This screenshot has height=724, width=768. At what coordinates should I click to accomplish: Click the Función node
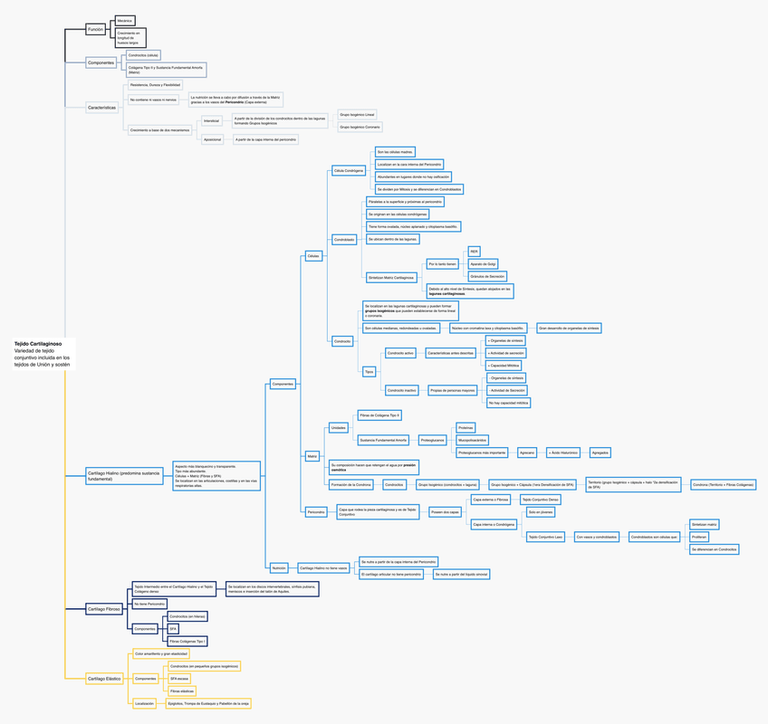pos(95,30)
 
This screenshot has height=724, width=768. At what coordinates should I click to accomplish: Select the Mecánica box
pos(125,20)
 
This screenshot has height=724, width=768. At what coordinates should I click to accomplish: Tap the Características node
pos(101,107)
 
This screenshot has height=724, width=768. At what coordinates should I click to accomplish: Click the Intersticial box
pos(212,120)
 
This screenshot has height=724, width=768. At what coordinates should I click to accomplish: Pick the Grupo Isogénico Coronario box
pos(360,128)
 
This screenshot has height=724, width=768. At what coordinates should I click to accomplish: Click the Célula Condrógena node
pos(349,170)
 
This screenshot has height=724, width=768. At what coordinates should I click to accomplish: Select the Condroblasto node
pos(344,240)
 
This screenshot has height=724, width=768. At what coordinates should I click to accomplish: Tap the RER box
pos(475,252)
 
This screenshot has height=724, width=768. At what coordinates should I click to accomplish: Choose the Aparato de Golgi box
pos(484,264)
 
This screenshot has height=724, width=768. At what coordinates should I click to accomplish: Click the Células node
pos(313,256)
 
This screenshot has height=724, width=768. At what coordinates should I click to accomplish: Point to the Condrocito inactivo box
pos(401,390)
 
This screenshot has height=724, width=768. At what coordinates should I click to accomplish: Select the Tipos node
pos(369,371)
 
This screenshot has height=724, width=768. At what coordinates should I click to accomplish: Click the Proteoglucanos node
pos(432,440)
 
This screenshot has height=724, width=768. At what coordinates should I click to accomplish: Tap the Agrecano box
pos(527,452)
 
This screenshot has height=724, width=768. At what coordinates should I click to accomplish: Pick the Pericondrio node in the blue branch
pos(316,512)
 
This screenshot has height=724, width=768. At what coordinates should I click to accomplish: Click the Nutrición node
pos(279,568)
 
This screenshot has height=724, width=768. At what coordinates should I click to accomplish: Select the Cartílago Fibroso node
pos(103,610)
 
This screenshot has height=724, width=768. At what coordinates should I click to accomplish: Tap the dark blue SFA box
pos(173,628)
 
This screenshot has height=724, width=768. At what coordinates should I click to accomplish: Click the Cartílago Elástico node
pos(103,678)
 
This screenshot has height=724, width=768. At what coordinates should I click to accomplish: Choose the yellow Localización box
pos(144,703)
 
